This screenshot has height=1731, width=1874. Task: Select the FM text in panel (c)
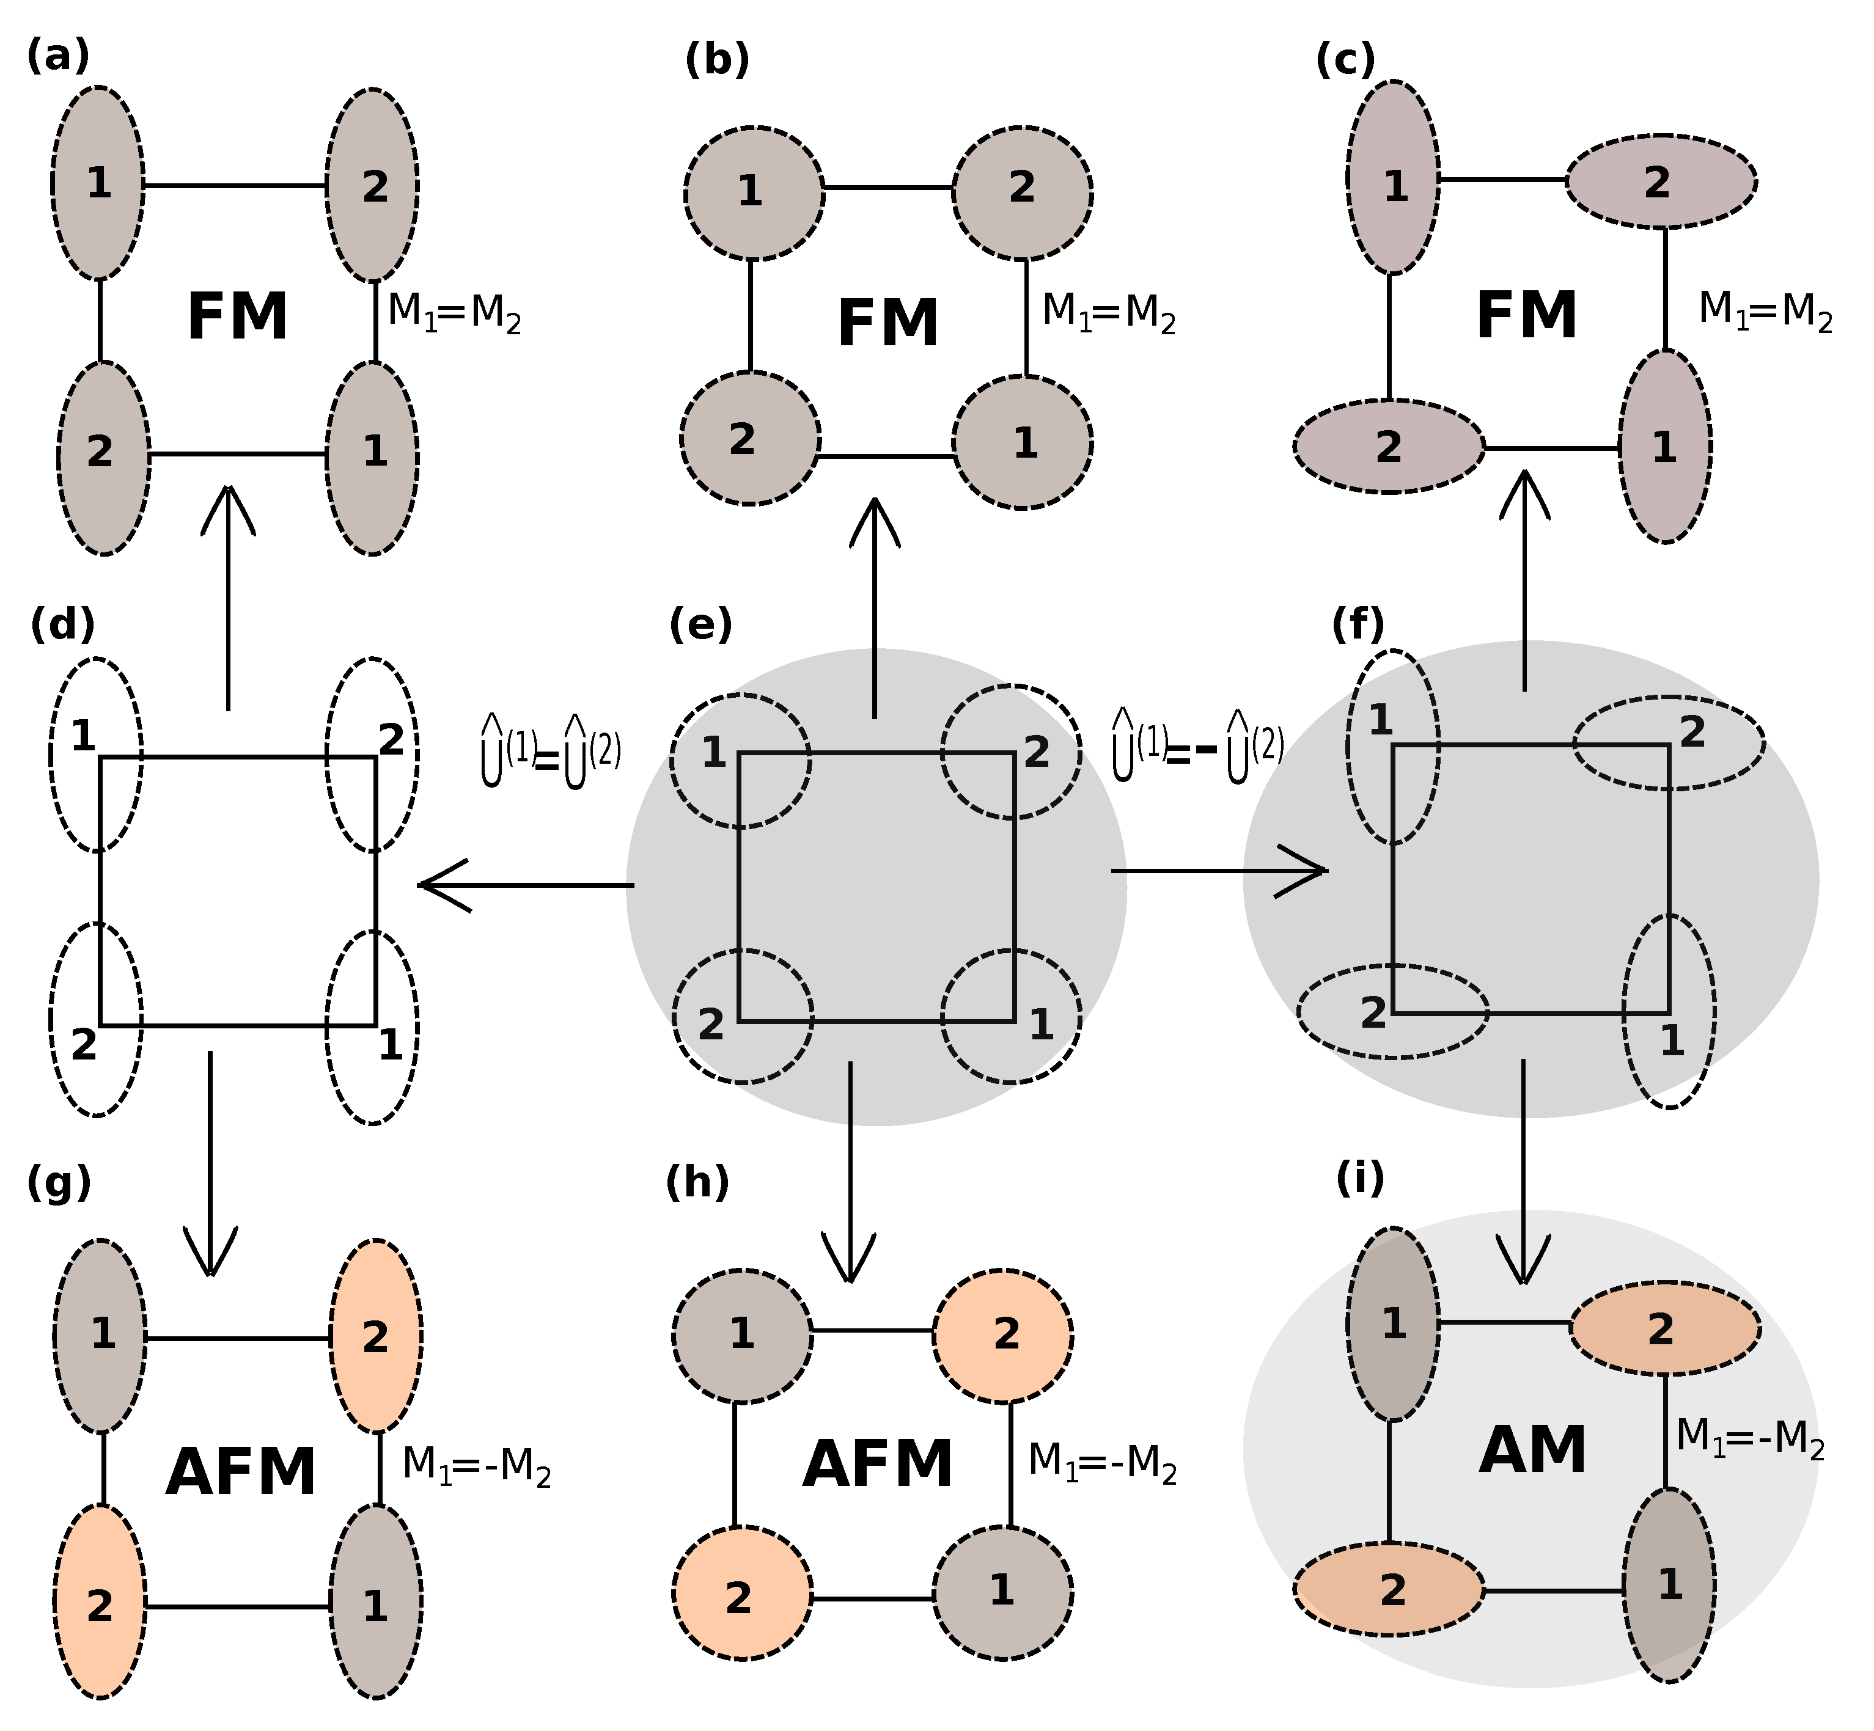coord(1526,316)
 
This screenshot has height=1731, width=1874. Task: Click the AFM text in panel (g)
coord(241,1473)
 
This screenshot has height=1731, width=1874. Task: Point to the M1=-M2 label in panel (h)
coord(1102,1461)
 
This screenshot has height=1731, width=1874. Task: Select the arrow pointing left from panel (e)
coord(524,884)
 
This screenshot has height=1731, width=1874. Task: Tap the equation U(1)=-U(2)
coord(1197,747)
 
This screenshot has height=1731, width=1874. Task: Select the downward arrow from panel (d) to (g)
coord(210,1162)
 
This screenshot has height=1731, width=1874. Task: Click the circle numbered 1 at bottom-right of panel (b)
coord(1023,442)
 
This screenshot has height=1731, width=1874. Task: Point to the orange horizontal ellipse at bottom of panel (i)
coord(1389,1590)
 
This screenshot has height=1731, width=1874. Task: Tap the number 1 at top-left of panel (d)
coord(83,737)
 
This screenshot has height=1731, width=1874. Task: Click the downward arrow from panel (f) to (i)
coord(1524,1171)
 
